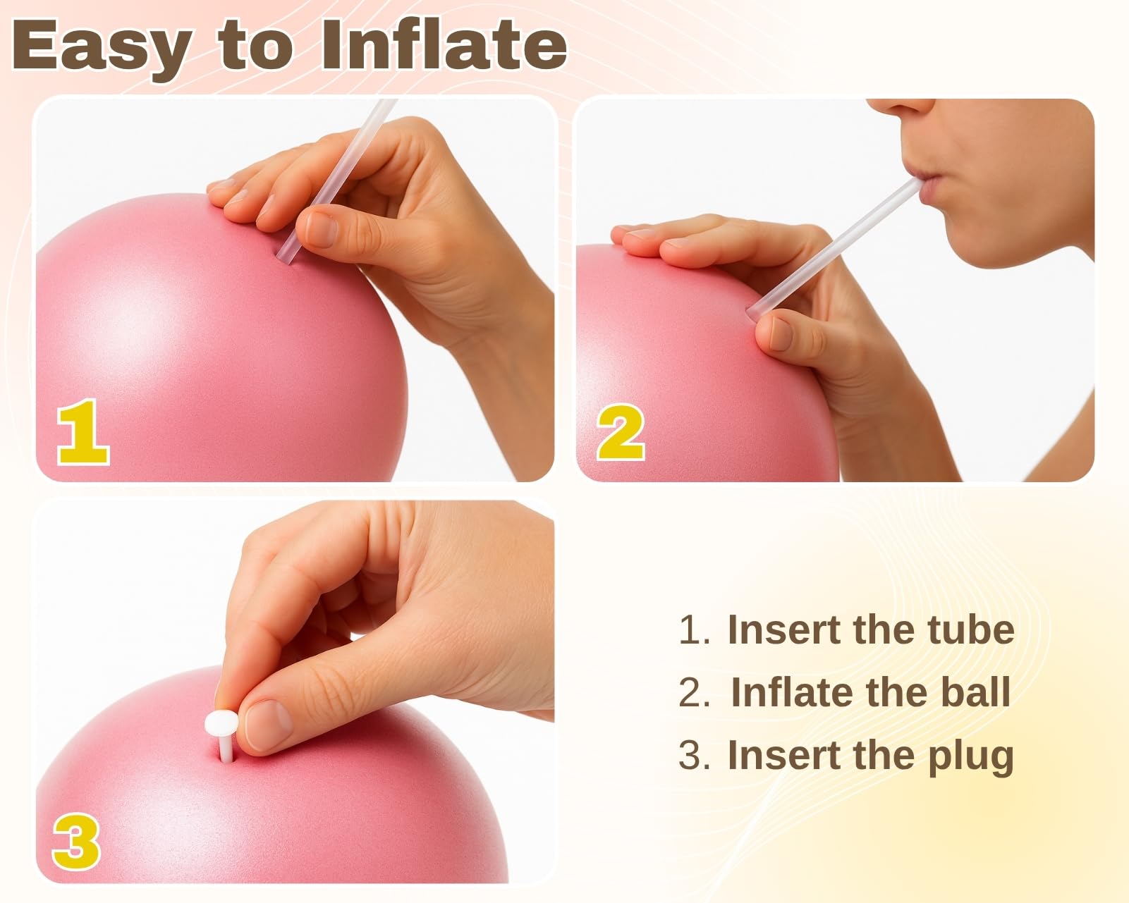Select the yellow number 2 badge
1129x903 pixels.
(x=621, y=432)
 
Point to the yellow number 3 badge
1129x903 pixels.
(x=77, y=842)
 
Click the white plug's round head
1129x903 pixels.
(x=221, y=724)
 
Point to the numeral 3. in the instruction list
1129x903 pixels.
(x=695, y=755)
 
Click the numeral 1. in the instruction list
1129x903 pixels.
(x=695, y=629)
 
